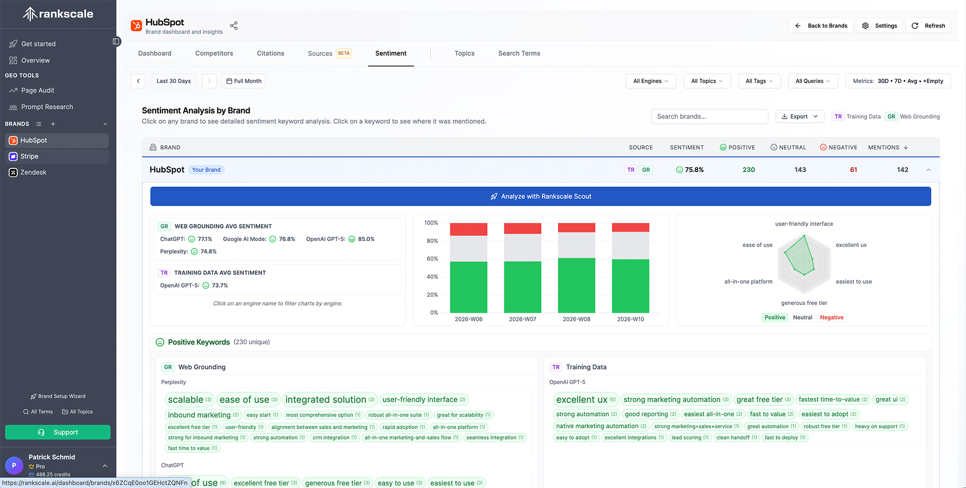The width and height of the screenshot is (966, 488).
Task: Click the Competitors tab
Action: point(214,53)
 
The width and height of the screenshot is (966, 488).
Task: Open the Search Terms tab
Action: point(519,53)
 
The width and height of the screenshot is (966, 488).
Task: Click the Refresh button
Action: point(928,26)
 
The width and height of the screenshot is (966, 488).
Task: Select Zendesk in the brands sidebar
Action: point(33,173)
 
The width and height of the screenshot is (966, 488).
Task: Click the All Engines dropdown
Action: point(651,81)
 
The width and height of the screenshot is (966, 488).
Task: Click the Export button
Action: point(799,116)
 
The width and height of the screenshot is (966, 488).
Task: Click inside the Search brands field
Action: point(709,116)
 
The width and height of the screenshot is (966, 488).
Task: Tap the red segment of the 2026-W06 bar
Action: point(468,229)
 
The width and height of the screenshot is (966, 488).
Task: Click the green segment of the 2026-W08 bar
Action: point(577,285)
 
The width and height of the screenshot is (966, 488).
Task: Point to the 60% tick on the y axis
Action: point(432,259)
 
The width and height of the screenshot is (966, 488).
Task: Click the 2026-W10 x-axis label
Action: point(630,319)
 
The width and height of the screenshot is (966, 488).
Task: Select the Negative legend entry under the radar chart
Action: point(831,317)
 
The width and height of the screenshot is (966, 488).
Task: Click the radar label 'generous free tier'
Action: point(803,303)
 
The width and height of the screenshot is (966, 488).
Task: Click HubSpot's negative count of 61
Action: point(853,170)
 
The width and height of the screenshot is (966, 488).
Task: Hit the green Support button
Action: point(58,432)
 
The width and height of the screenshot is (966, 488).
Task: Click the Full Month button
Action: point(244,81)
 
